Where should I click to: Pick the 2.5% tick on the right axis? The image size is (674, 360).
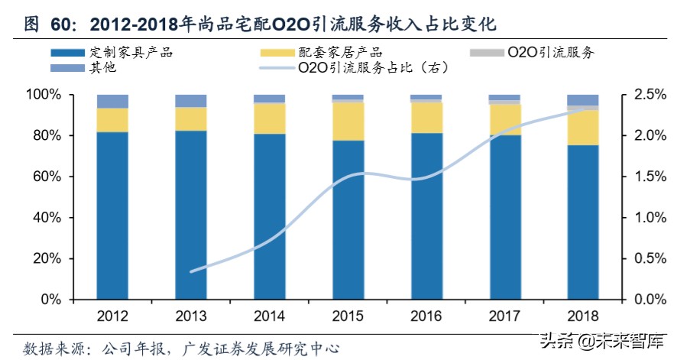[641, 95]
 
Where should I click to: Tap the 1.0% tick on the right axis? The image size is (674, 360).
[641, 218]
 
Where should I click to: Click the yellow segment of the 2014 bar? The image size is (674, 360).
[269, 118]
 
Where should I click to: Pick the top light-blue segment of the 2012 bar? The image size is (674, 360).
[112, 101]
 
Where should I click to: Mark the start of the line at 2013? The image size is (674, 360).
[191, 271]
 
